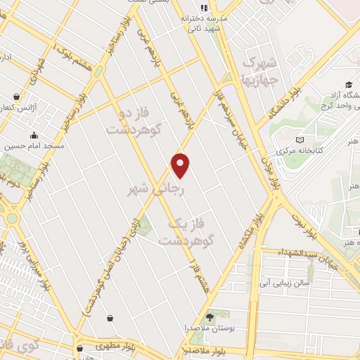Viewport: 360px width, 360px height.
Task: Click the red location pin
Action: point(181,165)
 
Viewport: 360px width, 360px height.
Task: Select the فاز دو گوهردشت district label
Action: point(134,121)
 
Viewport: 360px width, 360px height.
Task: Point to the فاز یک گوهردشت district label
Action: point(186,231)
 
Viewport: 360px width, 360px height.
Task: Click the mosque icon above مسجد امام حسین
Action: point(33,136)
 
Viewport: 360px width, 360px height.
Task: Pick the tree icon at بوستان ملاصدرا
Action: point(210,318)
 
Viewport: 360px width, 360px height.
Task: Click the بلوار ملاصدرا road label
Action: point(181,349)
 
